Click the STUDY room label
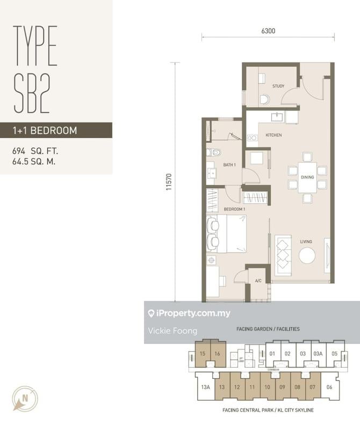click(278, 86)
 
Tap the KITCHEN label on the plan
click(273, 135)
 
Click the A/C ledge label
click(258, 281)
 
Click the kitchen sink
click(278, 116)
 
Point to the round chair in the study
click(264, 99)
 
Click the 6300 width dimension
click(268, 31)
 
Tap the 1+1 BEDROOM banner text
click(45, 130)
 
